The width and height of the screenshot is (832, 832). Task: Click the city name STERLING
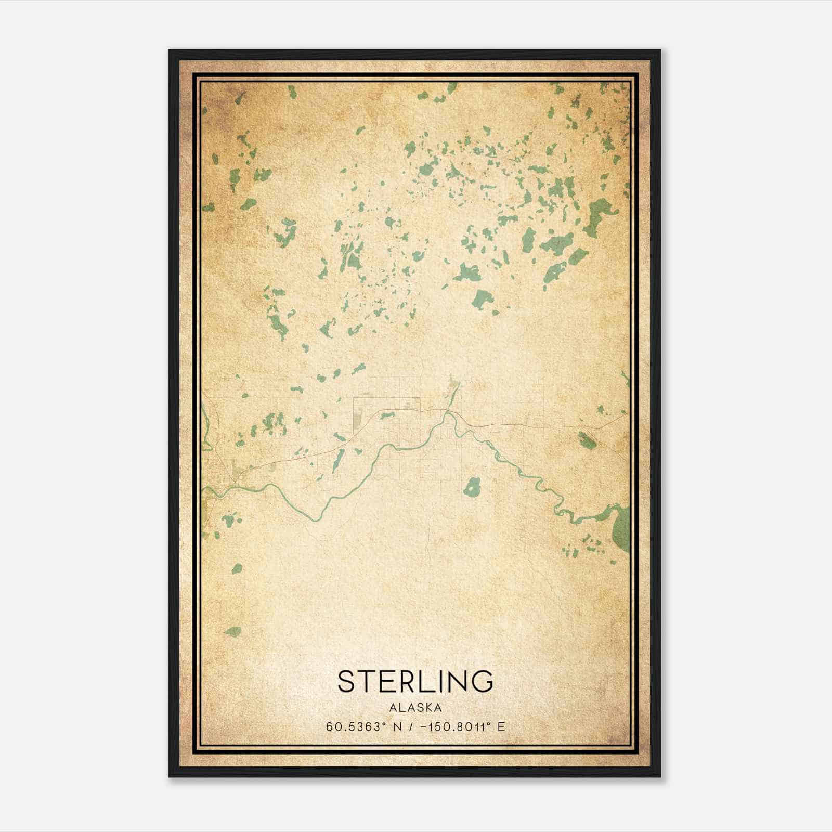coord(415,681)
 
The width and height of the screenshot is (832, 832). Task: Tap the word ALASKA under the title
coord(415,707)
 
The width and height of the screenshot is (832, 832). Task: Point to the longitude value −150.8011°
coord(456,726)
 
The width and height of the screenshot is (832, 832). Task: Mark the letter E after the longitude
coord(501,726)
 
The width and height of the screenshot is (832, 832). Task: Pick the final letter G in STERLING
coord(482,681)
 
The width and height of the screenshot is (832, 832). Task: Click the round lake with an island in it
coord(472,487)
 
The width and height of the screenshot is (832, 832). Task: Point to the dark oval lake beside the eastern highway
coord(587,440)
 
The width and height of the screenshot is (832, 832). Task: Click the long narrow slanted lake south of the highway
coord(338,458)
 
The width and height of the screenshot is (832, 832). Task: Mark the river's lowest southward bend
coord(313,518)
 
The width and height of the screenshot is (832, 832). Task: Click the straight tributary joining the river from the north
coord(452,395)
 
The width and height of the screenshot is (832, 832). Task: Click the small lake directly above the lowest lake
coord(237,568)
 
